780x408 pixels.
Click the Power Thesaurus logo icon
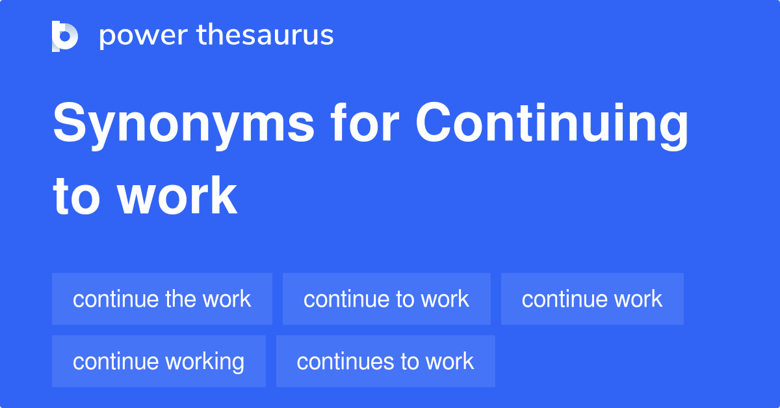(x=65, y=36)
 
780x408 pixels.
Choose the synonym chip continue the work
(x=162, y=299)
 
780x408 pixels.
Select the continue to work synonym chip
(x=386, y=299)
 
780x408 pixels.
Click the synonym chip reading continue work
(x=591, y=299)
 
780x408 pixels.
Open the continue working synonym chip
(x=159, y=361)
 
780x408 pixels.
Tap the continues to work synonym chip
(x=385, y=361)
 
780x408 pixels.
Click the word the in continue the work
(x=180, y=299)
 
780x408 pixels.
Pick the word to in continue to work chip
(x=404, y=299)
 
